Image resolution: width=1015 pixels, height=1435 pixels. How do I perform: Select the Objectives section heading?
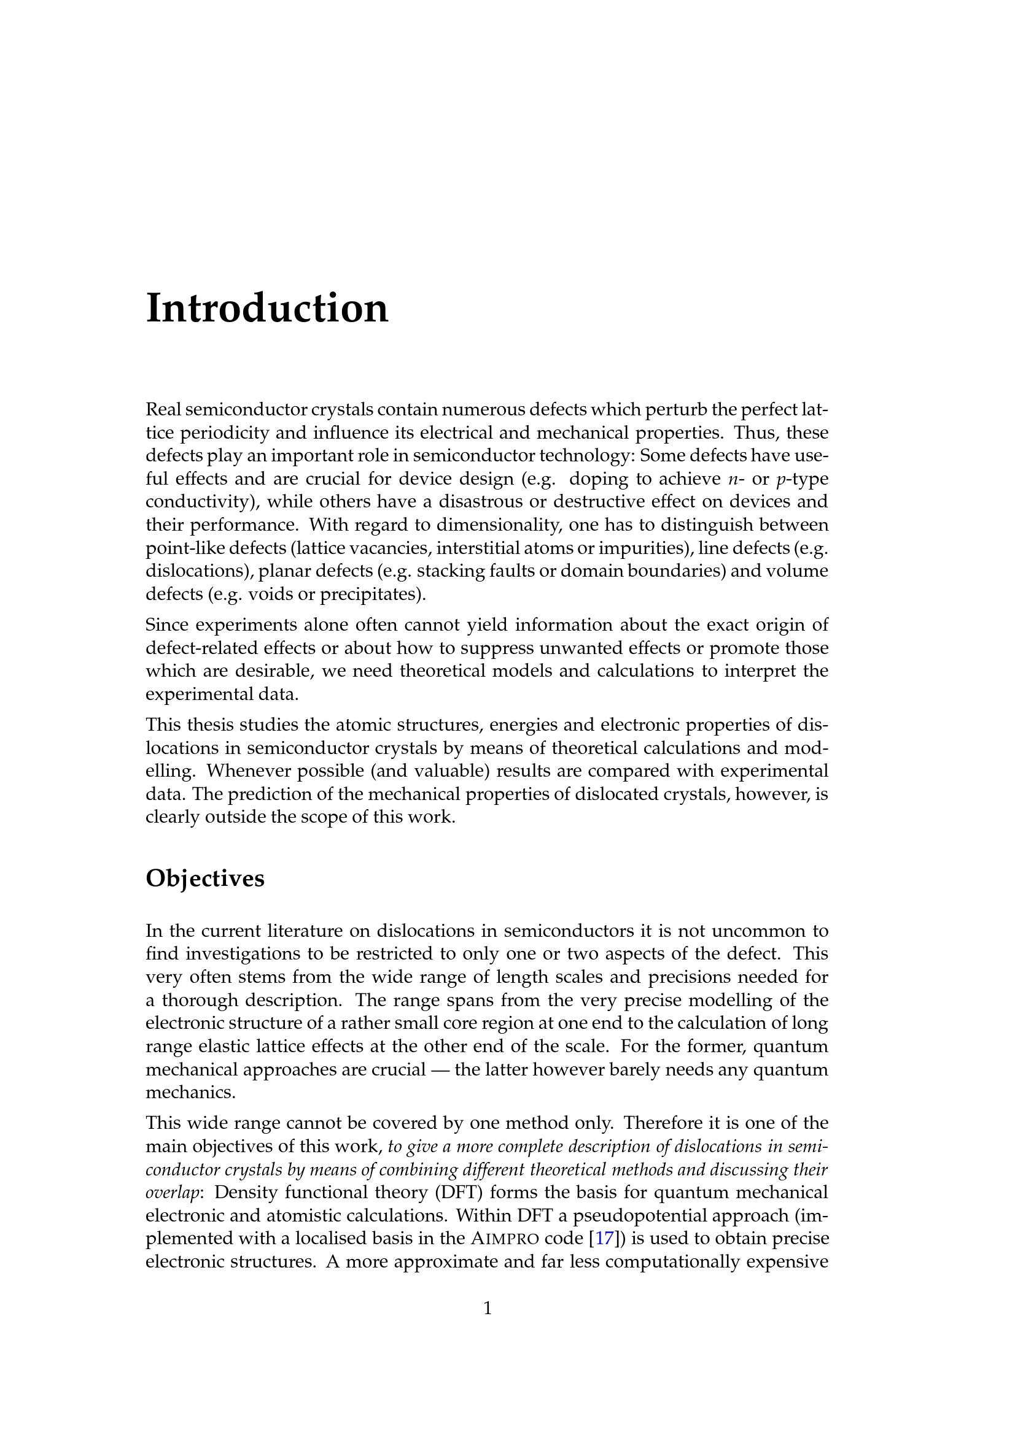pos(205,878)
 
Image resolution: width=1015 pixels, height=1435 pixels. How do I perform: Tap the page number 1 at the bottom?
pos(488,1308)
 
